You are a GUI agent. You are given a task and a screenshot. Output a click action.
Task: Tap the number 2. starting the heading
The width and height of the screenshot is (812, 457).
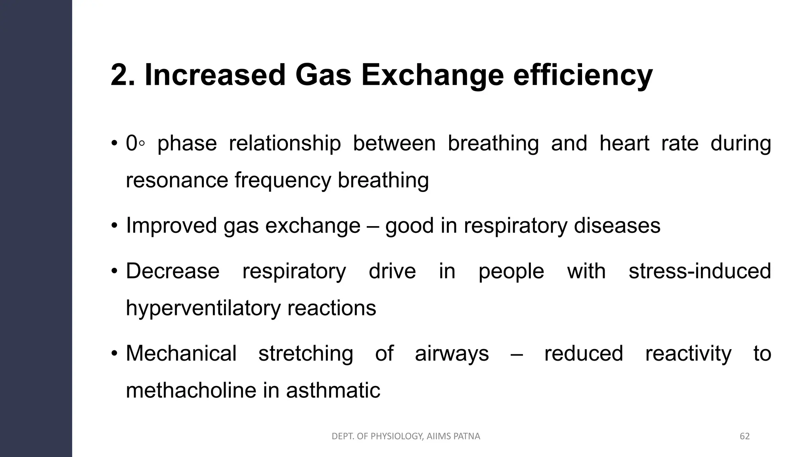123,75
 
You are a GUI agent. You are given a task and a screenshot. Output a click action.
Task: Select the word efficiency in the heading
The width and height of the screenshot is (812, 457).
582,75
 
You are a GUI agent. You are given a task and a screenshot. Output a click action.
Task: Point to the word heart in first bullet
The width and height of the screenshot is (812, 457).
624,143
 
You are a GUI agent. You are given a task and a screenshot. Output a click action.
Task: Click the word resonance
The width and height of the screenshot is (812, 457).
176,180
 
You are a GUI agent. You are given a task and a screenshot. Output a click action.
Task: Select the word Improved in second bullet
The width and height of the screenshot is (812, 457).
171,226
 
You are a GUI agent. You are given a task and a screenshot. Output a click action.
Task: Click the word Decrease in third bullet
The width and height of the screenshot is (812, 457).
172,271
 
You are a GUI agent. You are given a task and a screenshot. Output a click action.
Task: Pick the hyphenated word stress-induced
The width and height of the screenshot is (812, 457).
700,271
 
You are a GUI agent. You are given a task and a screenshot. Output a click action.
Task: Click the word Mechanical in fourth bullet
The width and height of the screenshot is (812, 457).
181,353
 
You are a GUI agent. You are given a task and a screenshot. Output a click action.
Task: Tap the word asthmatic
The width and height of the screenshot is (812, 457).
333,390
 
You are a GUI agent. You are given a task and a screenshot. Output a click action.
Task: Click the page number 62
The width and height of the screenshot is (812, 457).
745,436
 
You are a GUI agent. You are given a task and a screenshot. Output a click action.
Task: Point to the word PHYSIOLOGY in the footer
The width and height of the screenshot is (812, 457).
398,436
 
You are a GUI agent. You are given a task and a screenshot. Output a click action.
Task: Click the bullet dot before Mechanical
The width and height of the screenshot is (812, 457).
114,353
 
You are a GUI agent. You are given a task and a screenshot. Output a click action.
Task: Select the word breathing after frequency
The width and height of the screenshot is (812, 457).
383,180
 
